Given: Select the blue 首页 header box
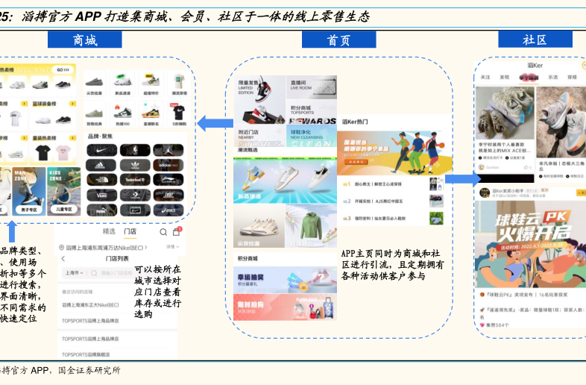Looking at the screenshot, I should coord(339,40).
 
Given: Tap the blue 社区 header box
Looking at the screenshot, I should coord(535,40).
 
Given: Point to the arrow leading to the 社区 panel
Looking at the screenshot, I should coord(462,178).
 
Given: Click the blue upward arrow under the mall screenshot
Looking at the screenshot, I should coord(10,231).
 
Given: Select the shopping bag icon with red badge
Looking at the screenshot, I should coord(176,232).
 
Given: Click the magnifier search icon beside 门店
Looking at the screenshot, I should coord(164,232).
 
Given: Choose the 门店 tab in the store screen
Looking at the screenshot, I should coord(130,232).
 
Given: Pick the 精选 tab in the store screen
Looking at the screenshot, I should coord(109,232).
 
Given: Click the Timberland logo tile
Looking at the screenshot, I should coord(135,180).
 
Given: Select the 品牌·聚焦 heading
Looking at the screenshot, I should coord(100,137).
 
